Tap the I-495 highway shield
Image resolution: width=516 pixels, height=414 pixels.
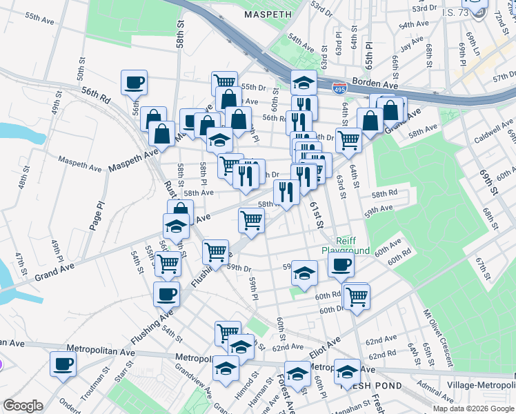pyautogui.click(x=339, y=88)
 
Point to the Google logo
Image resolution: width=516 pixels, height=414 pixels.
pyautogui.click(x=23, y=406)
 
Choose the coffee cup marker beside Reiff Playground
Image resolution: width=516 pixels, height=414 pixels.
pyautogui.click(x=341, y=265)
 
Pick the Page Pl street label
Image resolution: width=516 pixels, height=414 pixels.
pyautogui.click(x=100, y=215)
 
